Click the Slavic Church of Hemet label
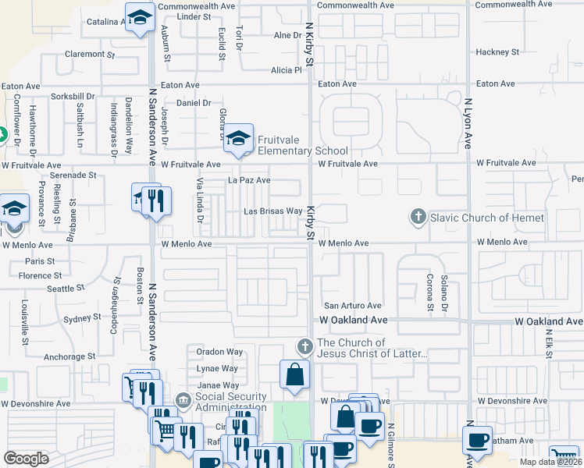pos(487,218)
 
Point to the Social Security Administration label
pos(230,402)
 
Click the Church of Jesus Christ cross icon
pos(304,346)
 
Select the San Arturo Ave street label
pos(353,306)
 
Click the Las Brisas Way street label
pos(272,211)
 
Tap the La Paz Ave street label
pos(249,180)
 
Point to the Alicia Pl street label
pos(286,70)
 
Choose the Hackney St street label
pos(497,52)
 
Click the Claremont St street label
pos(90,55)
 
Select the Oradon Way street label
pos(219,352)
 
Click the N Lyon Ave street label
pos(469,123)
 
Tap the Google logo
pos(27,459)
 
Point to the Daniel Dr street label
pos(194,103)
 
